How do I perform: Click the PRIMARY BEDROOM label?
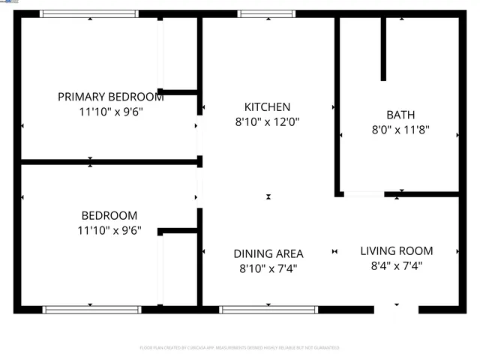tap(110, 97)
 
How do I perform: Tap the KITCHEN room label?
tap(267, 107)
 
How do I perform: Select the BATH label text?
tap(400, 115)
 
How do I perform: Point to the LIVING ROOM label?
tap(396, 251)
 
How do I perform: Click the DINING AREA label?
tap(268, 253)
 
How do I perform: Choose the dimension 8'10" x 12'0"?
tap(267, 121)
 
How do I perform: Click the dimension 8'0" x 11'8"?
tap(400, 129)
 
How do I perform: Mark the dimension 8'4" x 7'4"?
tap(396, 265)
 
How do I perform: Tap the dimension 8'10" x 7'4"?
tap(268, 268)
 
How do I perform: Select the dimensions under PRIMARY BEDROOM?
tap(110, 111)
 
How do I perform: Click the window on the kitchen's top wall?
tap(266, 13)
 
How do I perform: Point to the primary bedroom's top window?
tap(89, 13)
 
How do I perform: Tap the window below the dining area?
tap(268, 309)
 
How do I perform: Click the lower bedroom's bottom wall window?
tap(91, 309)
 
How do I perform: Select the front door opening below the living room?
tap(396, 309)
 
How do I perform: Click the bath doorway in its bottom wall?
tap(364, 194)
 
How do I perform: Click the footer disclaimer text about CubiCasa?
tap(239, 348)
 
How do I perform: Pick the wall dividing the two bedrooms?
tap(109, 161)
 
